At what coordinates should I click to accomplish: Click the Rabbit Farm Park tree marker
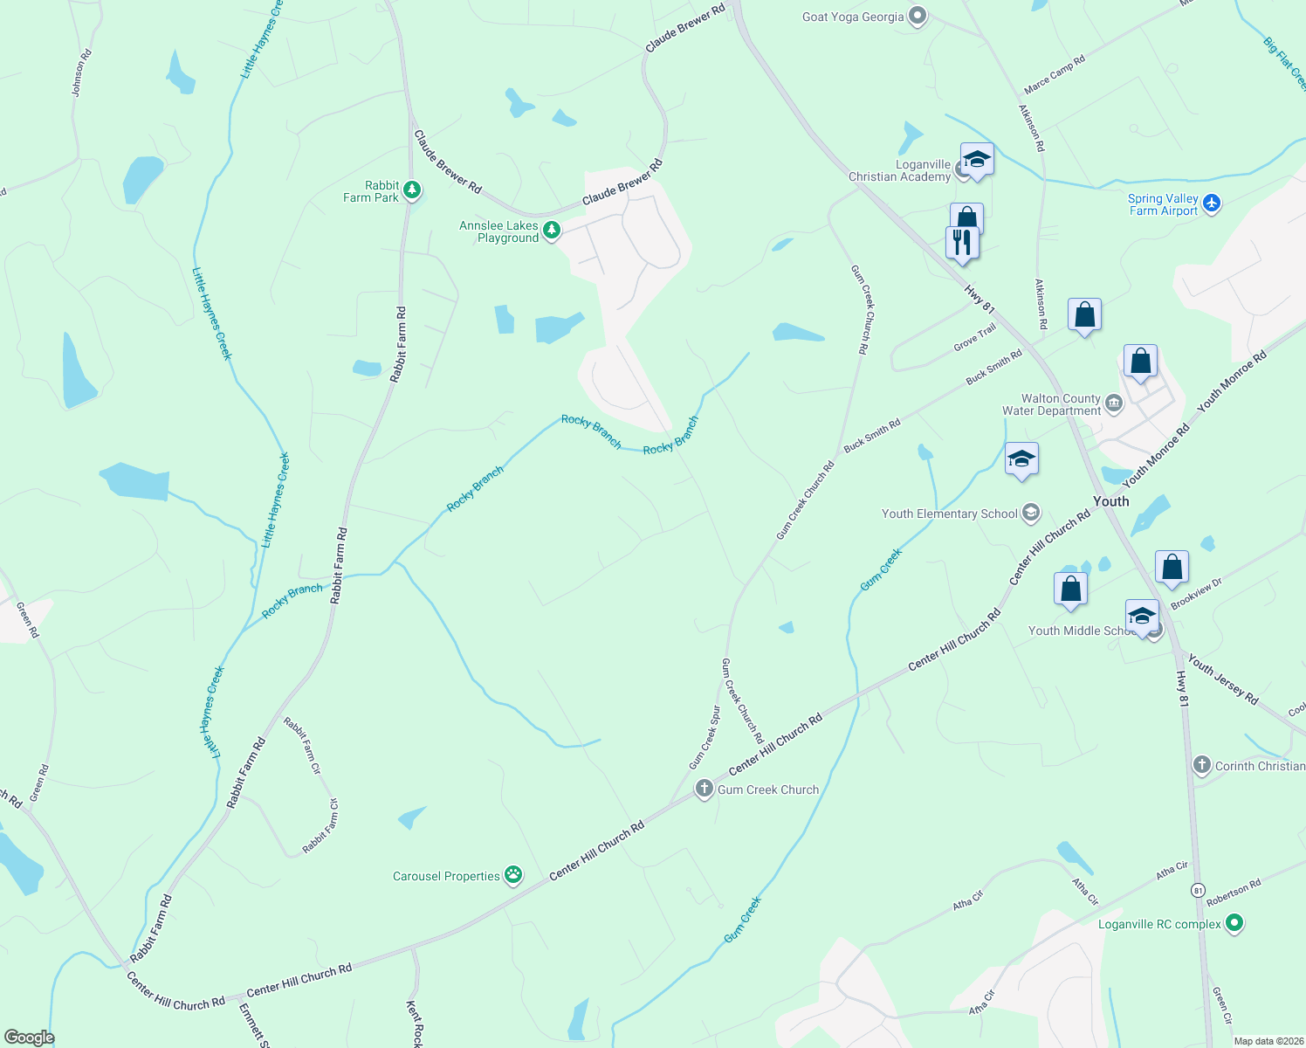(x=412, y=190)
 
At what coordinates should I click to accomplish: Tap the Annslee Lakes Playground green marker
(x=551, y=230)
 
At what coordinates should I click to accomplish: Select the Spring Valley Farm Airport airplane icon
(x=1211, y=203)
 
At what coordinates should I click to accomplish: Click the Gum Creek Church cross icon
(x=705, y=789)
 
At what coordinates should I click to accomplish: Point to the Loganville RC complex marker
(x=1234, y=922)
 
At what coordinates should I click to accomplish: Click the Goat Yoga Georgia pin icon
(x=917, y=16)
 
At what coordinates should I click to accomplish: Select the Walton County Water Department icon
(x=1113, y=403)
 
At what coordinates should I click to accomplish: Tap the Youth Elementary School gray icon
(x=1030, y=513)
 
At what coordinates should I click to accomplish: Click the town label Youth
(x=1110, y=501)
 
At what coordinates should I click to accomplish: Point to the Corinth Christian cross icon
(x=1202, y=765)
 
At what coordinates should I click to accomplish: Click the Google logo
(x=30, y=1037)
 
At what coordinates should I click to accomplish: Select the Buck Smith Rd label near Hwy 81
(x=993, y=368)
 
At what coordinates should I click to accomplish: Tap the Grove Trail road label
(x=974, y=337)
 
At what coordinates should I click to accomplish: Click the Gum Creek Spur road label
(x=705, y=737)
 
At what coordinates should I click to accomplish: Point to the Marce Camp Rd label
(x=1054, y=74)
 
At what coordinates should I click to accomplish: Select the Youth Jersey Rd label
(x=1222, y=679)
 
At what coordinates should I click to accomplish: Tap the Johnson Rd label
(x=81, y=72)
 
